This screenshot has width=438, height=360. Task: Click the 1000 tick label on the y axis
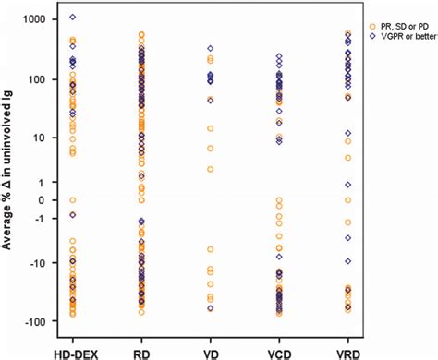coord(35,18)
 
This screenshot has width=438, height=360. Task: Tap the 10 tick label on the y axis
coord(41,138)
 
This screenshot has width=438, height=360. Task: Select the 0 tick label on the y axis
coord(43,200)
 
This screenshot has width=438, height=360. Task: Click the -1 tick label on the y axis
coord(41,219)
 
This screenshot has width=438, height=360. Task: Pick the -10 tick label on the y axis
coord(38,263)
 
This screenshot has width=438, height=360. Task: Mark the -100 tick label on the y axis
coord(35,322)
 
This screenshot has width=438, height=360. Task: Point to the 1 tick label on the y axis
coord(43,181)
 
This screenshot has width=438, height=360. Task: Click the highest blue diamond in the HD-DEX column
coord(72,18)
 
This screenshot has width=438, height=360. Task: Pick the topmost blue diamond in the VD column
coord(210,48)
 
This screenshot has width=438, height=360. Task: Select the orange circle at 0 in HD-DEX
coord(72,200)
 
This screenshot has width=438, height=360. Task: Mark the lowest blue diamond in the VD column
coord(210,308)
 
